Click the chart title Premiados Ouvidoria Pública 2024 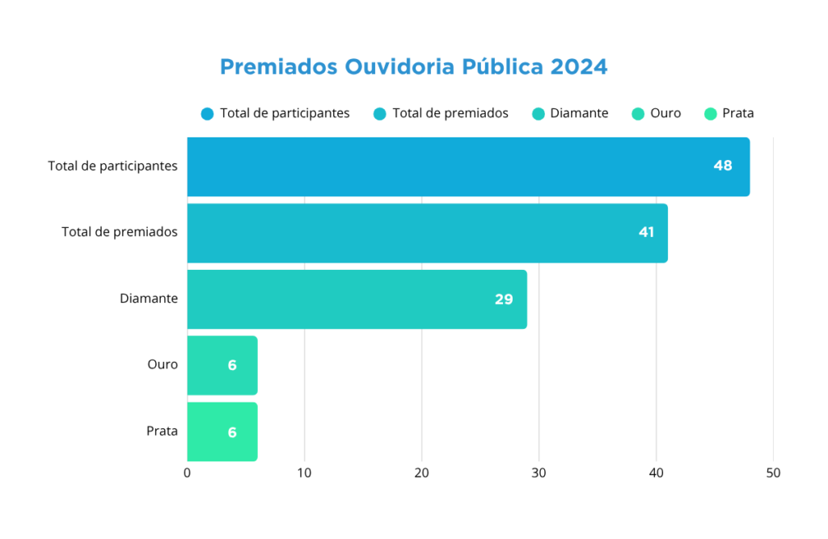click(x=413, y=66)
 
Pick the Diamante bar click(x=357, y=299)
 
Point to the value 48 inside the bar click(x=722, y=166)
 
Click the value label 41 click(x=646, y=232)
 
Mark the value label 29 click(x=504, y=299)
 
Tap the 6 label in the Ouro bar click(x=232, y=365)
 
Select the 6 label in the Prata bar click(x=232, y=432)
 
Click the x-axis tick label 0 click(x=188, y=474)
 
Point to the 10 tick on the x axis click(x=304, y=474)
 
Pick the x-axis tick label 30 click(x=539, y=474)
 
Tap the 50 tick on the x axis click(x=773, y=474)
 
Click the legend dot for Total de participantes click(x=208, y=114)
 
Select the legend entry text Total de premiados click(x=450, y=113)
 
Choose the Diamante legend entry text click(x=579, y=113)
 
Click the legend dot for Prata click(x=711, y=114)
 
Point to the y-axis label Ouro click(x=163, y=364)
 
